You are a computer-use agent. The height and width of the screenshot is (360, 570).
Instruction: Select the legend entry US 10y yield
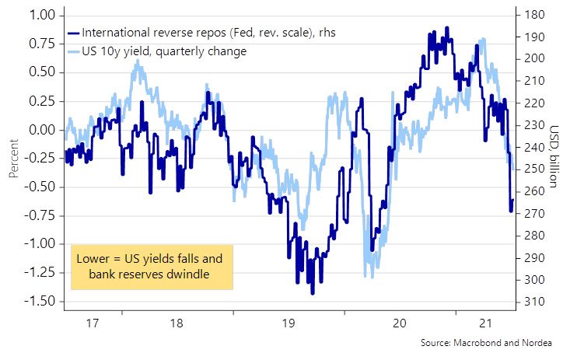(x=163, y=51)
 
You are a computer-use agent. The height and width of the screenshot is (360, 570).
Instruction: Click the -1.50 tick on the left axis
(x=34, y=301)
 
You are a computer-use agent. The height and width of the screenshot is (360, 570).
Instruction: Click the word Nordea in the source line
(x=536, y=344)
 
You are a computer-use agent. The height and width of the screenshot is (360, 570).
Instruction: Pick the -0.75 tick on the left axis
(x=34, y=215)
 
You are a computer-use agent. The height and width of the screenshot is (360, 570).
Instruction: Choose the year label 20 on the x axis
(x=399, y=323)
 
